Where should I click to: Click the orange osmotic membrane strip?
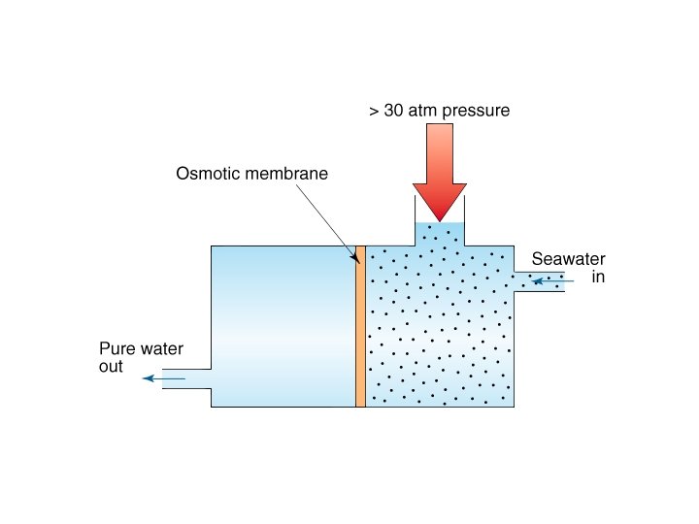click(x=360, y=326)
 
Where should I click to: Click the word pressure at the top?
click(x=477, y=111)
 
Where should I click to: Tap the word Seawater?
click(x=568, y=259)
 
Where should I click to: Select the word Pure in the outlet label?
click(x=116, y=349)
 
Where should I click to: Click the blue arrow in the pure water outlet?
click(x=163, y=378)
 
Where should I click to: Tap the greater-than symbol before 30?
click(x=374, y=112)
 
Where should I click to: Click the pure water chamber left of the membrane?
click(x=282, y=325)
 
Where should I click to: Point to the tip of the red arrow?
click(x=440, y=218)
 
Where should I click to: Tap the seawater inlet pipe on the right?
click(x=540, y=281)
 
